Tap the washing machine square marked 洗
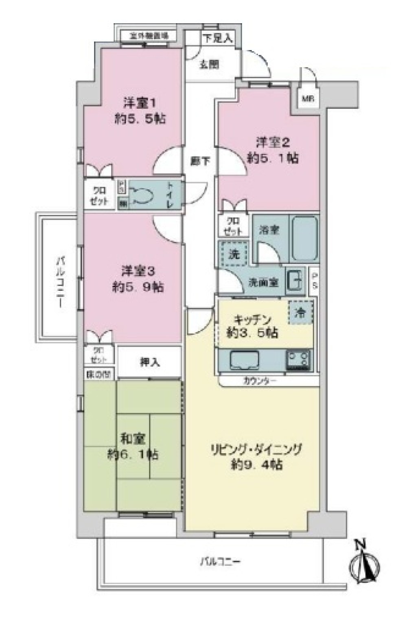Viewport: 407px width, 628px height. [233, 254]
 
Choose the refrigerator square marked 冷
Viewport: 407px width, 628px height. [301, 312]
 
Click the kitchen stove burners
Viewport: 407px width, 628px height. [299, 360]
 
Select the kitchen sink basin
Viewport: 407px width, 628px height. [244, 360]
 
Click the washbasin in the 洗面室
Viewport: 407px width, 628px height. [295, 280]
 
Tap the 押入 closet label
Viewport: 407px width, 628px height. [150, 362]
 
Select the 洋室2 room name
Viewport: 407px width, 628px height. [273, 142]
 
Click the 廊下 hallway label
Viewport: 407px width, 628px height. [201, 161]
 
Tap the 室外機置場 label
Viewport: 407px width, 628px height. [148, 36]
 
